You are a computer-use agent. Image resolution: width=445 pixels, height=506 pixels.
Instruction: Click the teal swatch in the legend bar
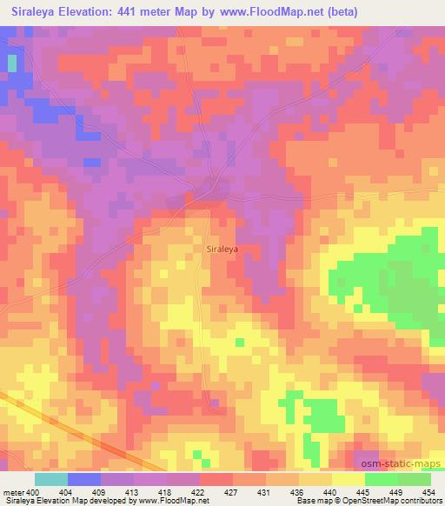(51, 479)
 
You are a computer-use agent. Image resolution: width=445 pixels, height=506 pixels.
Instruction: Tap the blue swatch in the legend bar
(84, 479)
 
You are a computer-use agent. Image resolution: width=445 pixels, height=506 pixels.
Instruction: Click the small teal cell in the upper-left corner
(12, 63)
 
